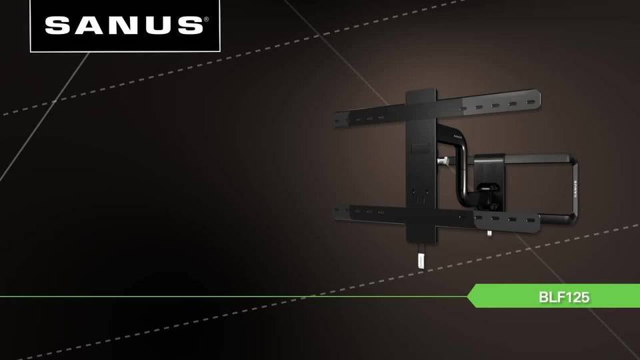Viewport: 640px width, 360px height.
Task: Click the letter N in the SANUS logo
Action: point(125,25)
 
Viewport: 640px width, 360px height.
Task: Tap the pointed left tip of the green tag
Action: point(469,296)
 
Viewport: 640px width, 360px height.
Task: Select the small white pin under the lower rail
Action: point(489,233)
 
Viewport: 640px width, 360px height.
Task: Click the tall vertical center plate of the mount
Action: point(421,167)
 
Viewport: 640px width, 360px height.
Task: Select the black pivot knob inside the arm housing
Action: point(489,178)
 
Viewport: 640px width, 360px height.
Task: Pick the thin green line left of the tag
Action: point(233,296)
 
